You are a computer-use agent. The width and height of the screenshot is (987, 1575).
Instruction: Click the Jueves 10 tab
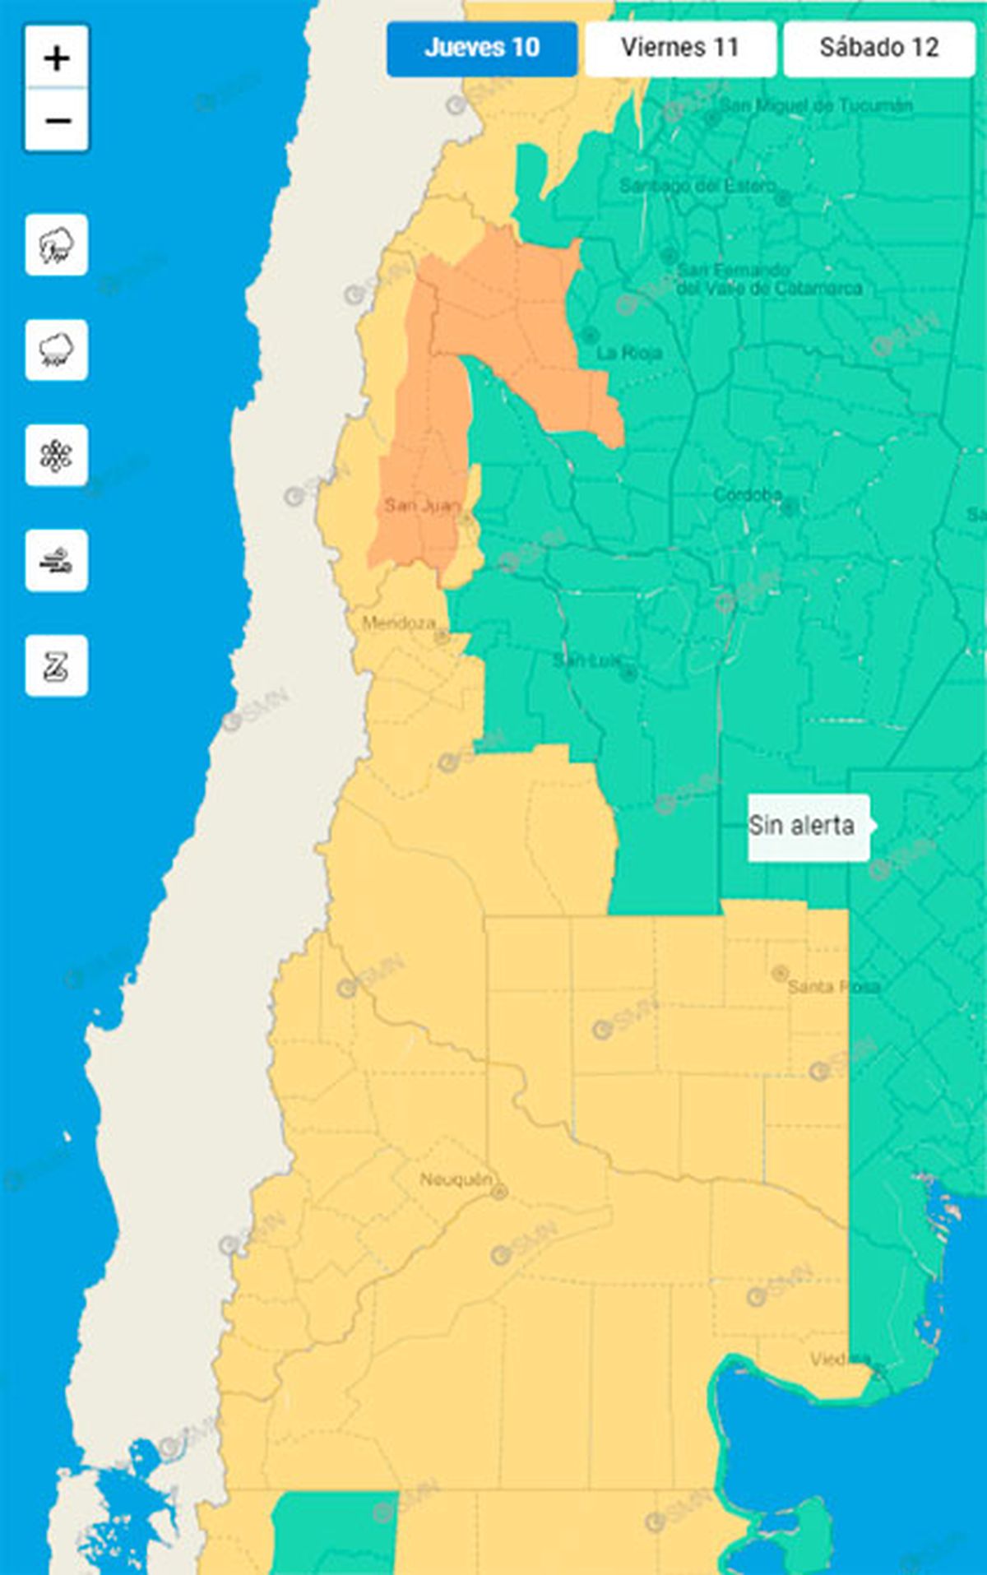click(482, 49)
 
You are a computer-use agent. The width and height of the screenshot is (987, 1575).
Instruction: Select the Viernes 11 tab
click(680, 49)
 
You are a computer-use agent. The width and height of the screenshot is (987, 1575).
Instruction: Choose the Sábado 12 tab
click(878, 49)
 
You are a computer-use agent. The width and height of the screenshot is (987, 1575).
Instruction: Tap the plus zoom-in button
click(57, 58)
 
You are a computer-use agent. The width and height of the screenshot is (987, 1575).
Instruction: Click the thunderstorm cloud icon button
click(57, 245)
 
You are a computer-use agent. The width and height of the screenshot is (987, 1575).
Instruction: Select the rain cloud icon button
click(57, 350)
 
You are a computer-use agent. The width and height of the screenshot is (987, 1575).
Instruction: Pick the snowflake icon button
click(57, 456)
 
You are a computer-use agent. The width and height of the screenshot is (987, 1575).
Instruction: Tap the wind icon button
click(57, 561)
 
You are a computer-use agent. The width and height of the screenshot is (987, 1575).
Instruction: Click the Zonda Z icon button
click(57, 666)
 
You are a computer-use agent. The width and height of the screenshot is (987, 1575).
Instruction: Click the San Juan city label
click(422, 505)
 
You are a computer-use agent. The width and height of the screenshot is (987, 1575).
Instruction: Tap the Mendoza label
click(399, 623)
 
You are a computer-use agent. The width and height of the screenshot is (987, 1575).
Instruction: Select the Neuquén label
click(456, 1179)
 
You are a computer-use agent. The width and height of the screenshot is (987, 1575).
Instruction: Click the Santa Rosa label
click(832, 986)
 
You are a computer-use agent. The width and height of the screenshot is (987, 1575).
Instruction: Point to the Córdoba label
click(747, 494)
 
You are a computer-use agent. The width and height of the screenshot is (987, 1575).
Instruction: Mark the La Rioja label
click(629, 353)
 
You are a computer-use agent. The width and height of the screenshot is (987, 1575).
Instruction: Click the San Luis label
click(586, 660)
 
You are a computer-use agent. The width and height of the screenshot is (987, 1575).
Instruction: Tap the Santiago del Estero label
click(697, 186)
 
